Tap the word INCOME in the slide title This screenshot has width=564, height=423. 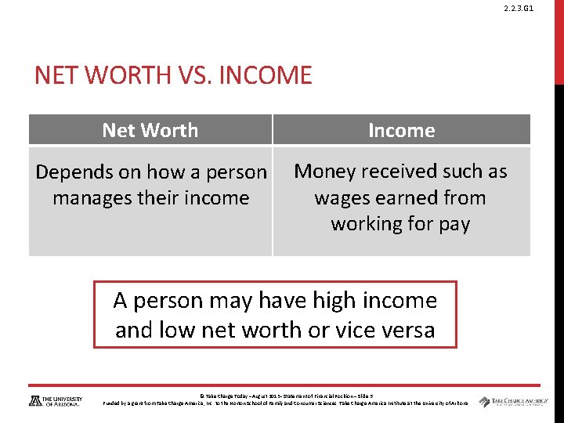coord(268,76)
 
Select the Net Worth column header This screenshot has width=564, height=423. coord(150,130)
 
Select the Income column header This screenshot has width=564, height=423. coord(401,130)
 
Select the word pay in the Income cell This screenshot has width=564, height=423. coord(454,224)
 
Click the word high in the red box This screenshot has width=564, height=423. coord(311,300)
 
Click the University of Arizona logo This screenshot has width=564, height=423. coord(55,400)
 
